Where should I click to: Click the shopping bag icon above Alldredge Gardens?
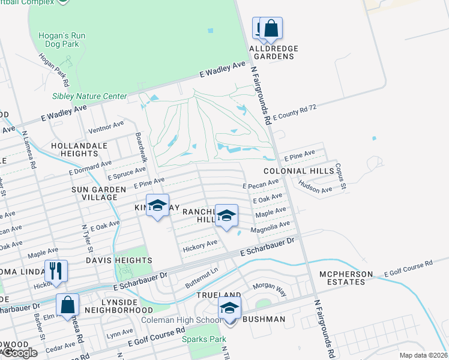(x=271, y=28)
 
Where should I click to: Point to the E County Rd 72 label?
(x=294, y=112)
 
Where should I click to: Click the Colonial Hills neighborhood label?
(x=298, y=171)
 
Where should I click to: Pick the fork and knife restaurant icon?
(x=55, y=270)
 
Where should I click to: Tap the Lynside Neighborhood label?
(x=118, y=306)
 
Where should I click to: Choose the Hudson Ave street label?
(x=316, y=188)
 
